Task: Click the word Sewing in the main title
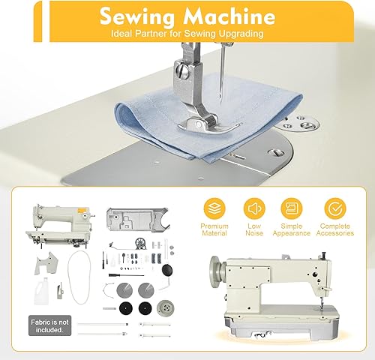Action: tap(136, 17)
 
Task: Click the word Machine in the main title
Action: tap(229, 16)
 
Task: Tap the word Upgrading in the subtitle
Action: tap(241, 34)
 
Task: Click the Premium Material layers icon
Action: tap(214, 208)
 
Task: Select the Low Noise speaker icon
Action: tap(254, 208)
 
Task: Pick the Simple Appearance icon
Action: tap(292, 208)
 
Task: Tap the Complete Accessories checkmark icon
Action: tap(335, 208)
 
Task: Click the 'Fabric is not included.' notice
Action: tap(49, 325)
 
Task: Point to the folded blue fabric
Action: tap(208, 118)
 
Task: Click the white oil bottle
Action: tap(41, 291)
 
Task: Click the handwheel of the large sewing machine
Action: tap(217, 272)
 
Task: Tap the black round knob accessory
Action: tap(167, 270)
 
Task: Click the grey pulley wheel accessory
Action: tap(165, 308)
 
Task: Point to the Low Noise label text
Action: tap(254, 229)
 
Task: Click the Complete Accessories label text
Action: tap(335, 229)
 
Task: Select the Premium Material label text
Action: tap(214, 229)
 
